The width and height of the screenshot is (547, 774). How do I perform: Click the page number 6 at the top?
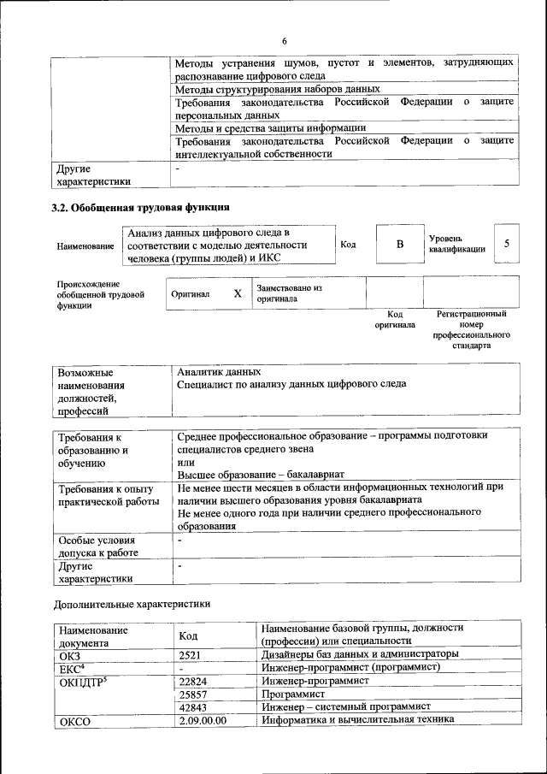coord(285,42)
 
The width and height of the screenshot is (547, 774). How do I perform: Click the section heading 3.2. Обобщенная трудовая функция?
coord(141,207)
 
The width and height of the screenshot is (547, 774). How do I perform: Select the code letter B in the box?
coord(398,245)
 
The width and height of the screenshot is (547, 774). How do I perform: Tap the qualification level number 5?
coord(507,245)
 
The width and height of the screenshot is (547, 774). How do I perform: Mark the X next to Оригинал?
coord(238,293)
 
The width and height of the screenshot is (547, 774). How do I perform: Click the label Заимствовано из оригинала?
coord(289,293)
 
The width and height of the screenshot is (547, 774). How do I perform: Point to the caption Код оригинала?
coord(395,319)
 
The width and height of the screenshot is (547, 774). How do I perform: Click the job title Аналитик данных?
coord(219,372)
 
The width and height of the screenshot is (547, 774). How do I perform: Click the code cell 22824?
coord(197,681)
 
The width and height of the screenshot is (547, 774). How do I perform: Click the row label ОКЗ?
coord(69,654)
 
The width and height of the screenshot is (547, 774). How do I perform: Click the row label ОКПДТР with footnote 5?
coord(83,682)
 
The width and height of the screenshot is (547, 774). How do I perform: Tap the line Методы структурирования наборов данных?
coord(277,88)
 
